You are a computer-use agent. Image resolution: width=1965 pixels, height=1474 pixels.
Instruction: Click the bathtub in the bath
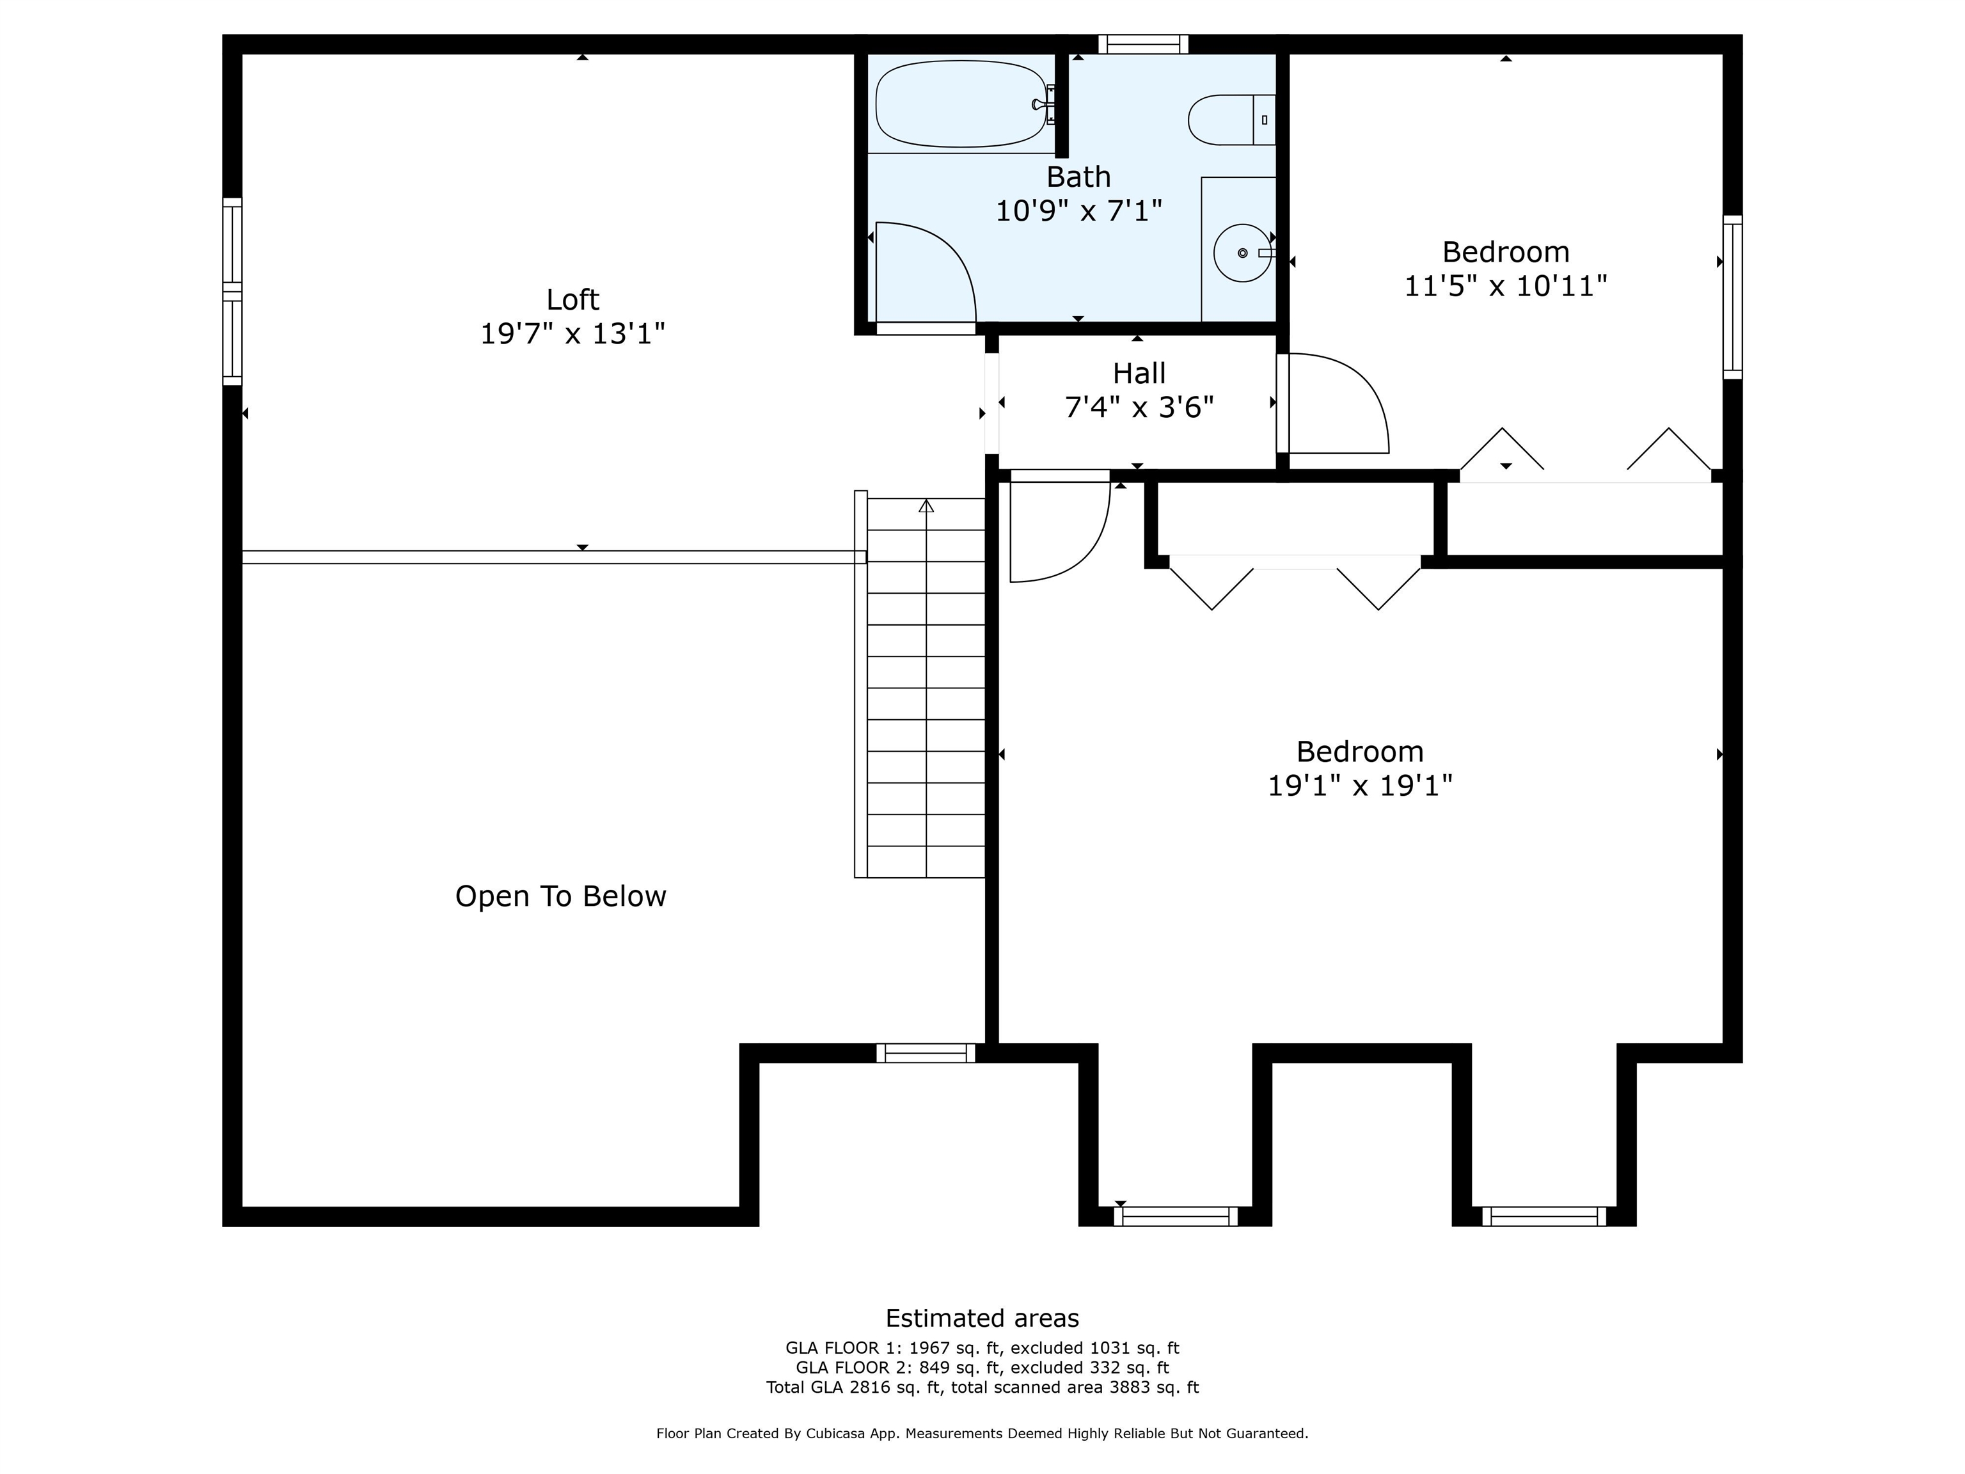(x=959, y=104)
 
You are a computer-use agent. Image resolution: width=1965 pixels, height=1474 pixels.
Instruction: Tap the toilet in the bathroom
(x=1229, y=120)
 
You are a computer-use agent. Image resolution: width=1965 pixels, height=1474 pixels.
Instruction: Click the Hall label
(x=1139, y=373)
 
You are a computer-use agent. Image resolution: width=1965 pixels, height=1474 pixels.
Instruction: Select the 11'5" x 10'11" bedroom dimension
(x=1505, y=286)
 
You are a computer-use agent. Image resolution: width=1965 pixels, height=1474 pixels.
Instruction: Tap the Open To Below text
(x=560, y=896)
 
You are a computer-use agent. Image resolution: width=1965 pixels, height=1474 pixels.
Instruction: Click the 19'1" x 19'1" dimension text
(x=1359, y=786)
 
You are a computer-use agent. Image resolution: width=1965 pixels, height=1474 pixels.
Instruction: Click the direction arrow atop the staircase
(x=927, y=507)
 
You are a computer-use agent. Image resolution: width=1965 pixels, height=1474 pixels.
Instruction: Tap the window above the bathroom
(x=1142, y=44)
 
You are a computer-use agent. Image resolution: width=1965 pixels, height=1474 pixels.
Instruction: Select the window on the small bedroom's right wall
(x=1732, y=297)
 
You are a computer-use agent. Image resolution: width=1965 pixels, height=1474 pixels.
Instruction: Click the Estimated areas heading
(x=982, y=1318)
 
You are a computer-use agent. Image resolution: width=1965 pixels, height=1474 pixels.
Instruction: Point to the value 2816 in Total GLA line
(x=869, y=1387)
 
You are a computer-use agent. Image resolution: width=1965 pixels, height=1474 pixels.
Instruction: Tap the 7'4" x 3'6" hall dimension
(x=1139, y=407)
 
